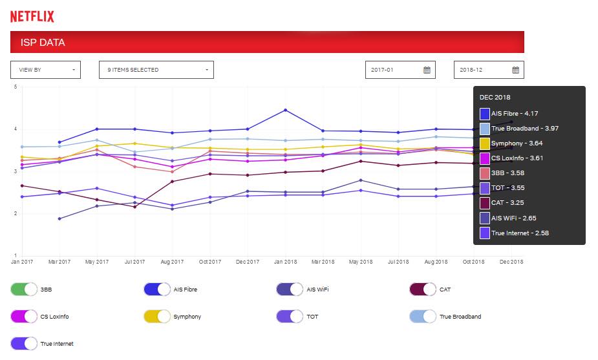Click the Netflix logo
pyautogui.click(x=32, y=17)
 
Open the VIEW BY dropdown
pyautogui.click(x=45, y=70)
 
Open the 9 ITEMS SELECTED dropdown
pyautogui.click(x=156, y=70)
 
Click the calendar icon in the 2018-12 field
pyautogui.click(x=515, y=70)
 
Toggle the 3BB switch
pyautogui.click(x=24, y=290)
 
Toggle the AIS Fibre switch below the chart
pyautogui.click(x=157, y=290)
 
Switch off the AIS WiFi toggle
pyautogui.click(x=290, y=290)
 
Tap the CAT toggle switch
pyautogui.click(x=423, y=290)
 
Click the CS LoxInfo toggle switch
pyautogui.click(x=24, y=317)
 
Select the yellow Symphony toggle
pyautogui.click(x=157, y=317)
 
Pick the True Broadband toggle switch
pyautogui.click(x=423, y=317)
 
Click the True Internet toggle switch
pyautogui.click(x=24, y=344)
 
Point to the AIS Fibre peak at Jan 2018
pyautogui.click(x=285, y=110)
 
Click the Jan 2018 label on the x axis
pyautogui.click(x=285, y=262)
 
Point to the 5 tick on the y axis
pyautogui.click(x=15, y=87)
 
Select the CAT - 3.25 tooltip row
pyautogui.click(x=509, y=203)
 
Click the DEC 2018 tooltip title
pyautogui.click(x=495, y=98)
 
